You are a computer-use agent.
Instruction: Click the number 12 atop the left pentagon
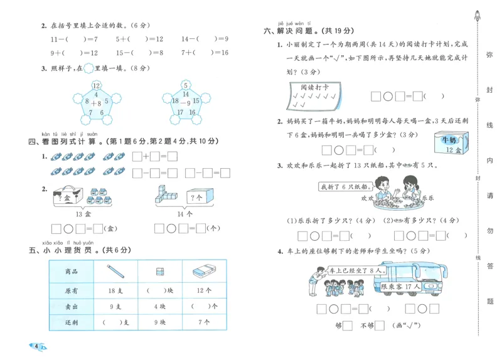(x=96, y=85)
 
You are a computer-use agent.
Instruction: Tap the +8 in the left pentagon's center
(x=96, y=102)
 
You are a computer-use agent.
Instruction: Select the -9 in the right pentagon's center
(x=186, y=102)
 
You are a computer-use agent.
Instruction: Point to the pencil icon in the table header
(x=115, y=272)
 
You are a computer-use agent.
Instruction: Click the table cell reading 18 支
(x=115, y=291)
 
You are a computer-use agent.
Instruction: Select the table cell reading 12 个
(x=205, y=291)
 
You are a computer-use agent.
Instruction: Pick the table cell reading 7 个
(x=205, y=322)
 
